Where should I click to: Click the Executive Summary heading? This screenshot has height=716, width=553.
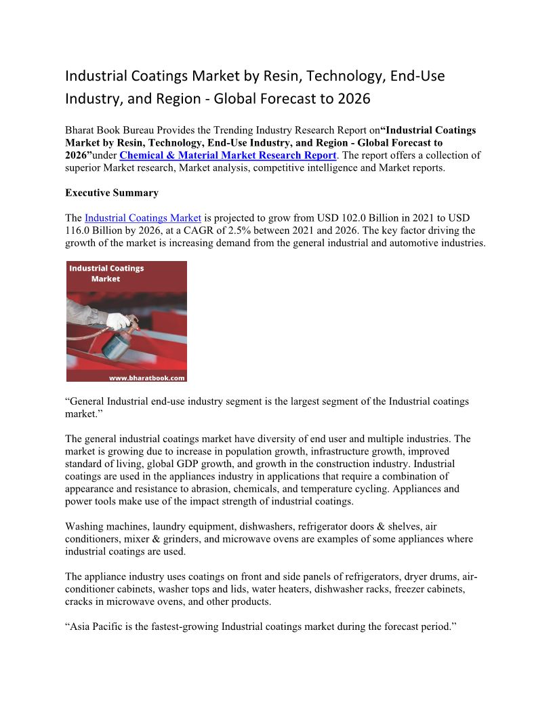point(112,193)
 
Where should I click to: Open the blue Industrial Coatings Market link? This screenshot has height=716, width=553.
point(143,218)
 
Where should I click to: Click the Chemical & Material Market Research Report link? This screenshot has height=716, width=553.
point(228,155)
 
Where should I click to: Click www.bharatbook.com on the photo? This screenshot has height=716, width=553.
point(147,378)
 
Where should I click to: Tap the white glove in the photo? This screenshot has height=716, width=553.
point(119,319)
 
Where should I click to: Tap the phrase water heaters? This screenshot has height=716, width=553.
point(284,590)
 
